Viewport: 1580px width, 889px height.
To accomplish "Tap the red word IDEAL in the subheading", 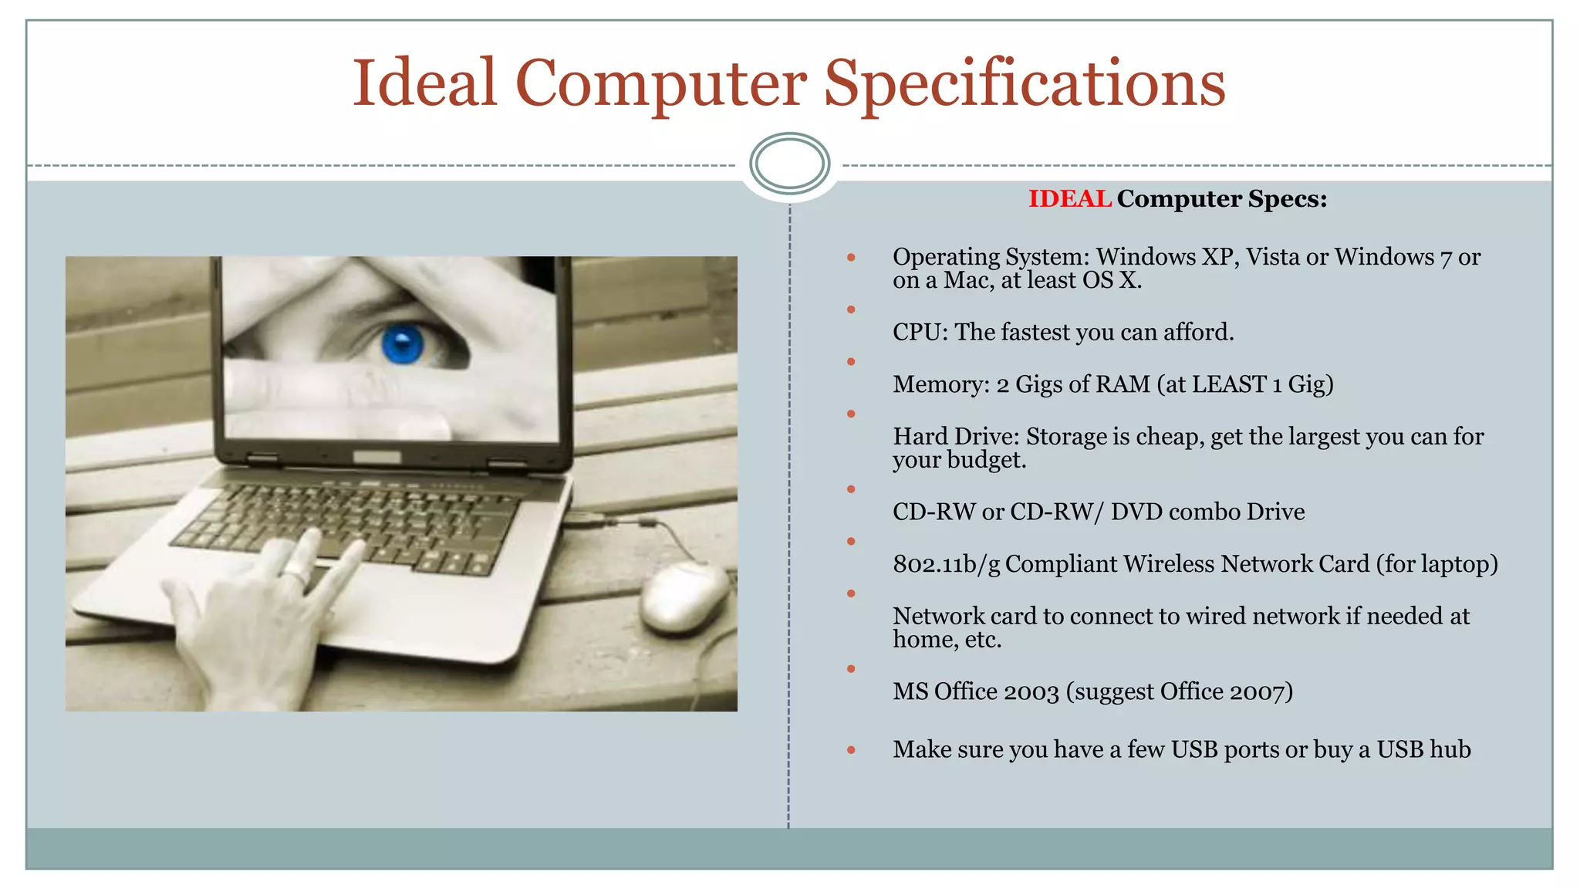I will (x=1069, y=199).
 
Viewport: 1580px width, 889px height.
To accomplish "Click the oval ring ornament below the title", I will (x=789, y=163).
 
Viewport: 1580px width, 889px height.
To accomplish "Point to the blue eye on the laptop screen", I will (x=403, y=343).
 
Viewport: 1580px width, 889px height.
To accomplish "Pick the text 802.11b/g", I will (x=946, y=565).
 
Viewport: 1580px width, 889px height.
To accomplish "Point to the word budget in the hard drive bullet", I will (x=985, y=461).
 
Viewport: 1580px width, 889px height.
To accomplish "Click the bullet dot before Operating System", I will (x=851, y=258).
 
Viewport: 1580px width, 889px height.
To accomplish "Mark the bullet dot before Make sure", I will (x=851, y=750).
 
